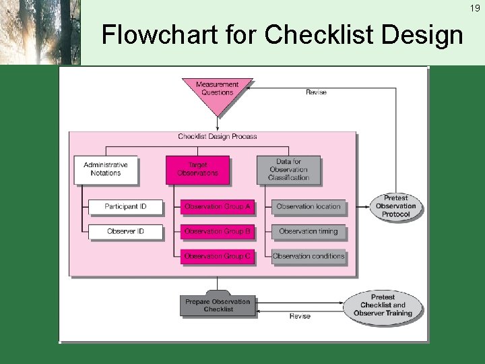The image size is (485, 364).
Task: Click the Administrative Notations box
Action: click(106, 169)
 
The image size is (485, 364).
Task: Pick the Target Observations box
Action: click(197, 169)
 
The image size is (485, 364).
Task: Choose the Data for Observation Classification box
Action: click(288, 169)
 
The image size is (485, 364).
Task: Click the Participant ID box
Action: click(125, 206)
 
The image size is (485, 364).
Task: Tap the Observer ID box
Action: click(125, 231)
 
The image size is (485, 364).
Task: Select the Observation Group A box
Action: click(217, 206)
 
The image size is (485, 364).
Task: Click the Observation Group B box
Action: click(217, 231)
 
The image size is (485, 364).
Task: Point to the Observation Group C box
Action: click(217, 256)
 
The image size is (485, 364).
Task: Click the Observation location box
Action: click(309, 206)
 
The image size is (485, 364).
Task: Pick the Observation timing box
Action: click(309, 231)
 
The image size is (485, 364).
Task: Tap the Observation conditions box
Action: click(309, 256)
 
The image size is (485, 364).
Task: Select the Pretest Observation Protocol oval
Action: click(395, 206)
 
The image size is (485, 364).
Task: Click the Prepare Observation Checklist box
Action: click(218, 305)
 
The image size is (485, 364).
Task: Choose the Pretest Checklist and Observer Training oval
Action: click(383, 305)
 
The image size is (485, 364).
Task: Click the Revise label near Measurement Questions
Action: click(316, 92)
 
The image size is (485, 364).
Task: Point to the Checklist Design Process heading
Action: click(217, 136)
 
